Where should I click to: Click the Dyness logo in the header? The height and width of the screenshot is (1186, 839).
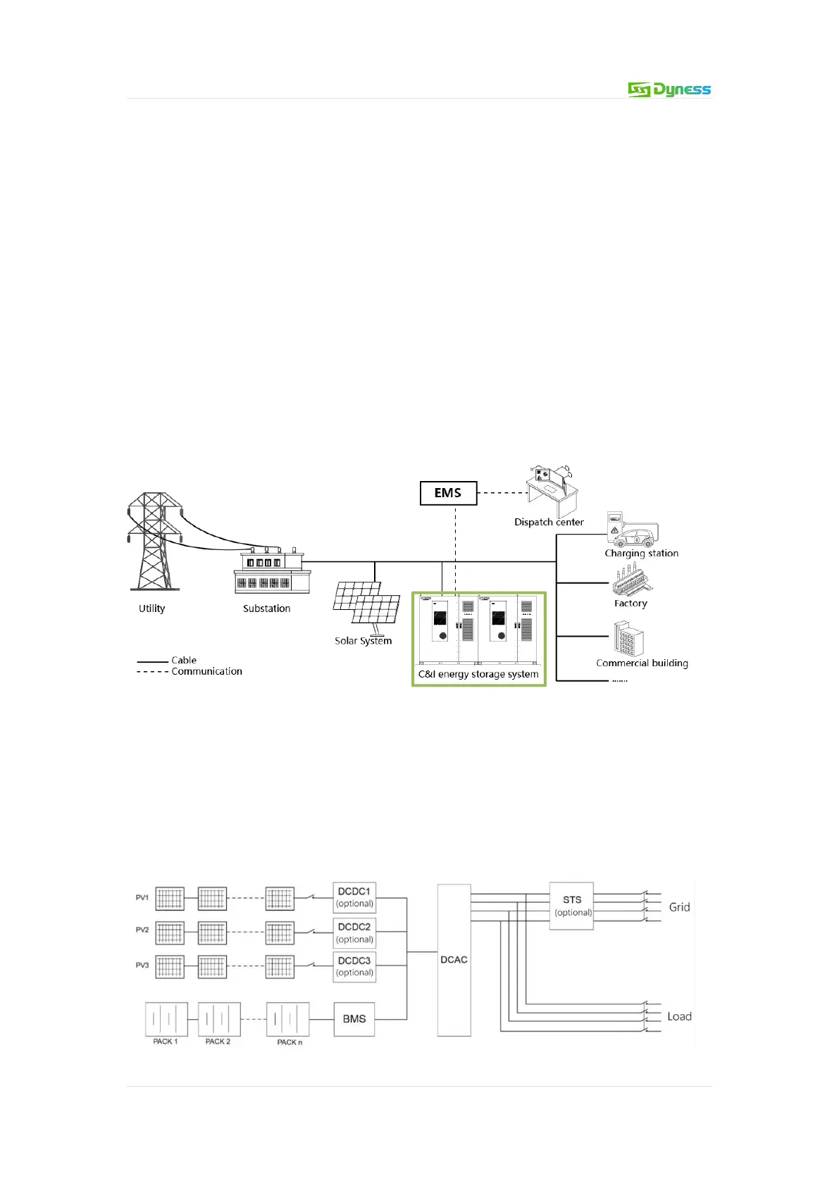click(x=669, y=89)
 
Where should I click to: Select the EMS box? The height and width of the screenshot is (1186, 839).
click(x=448, y=493)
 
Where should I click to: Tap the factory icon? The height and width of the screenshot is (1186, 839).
click(x=630, y=583)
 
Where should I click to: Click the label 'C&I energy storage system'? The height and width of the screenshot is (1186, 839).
click(x=478, y=674)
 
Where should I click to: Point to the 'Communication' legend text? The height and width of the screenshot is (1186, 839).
click(x=206, y=671)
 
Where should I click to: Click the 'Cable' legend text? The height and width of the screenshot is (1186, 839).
click(x=184, y=660)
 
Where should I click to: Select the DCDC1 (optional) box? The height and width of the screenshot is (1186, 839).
click(x=354, y=897)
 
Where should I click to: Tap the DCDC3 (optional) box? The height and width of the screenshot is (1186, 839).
click(x=354, y=966)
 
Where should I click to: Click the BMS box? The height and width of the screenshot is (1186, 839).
click(x=354, y=1019)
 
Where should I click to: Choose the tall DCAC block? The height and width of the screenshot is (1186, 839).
click(x=454, y=960)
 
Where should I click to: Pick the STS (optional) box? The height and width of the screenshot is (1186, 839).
click(x=572, y=906)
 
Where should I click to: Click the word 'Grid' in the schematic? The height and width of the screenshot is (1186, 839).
click(x=679, y=907)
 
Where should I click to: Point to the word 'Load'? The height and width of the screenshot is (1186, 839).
click(x=679, y=1016)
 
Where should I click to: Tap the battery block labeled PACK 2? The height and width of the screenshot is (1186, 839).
click(x=219, y=1019)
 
